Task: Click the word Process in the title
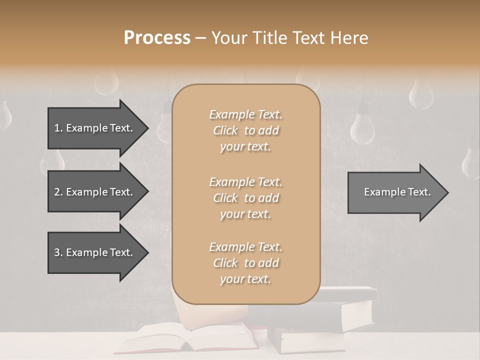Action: coord(157,37)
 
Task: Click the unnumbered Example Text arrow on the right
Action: coord(395,192)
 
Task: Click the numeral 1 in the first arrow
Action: coord(57,128)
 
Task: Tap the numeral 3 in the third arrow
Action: coord(57,252)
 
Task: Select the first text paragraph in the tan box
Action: coord(245,130)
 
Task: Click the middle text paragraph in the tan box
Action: coord(245,198)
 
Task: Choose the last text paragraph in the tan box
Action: coord(245,263)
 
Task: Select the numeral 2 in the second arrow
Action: coord(57,192)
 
